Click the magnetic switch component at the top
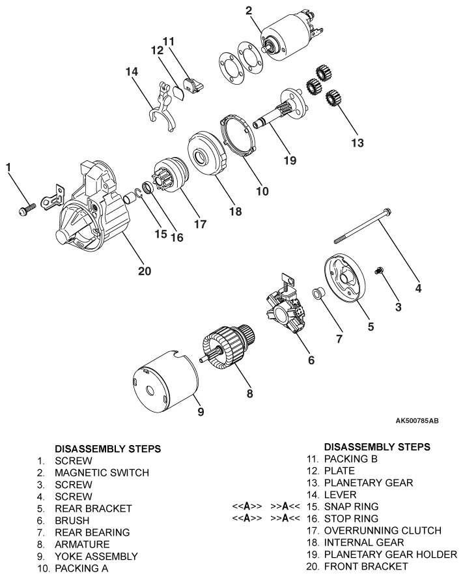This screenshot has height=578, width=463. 287,38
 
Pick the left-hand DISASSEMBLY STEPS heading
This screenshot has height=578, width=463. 107,449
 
